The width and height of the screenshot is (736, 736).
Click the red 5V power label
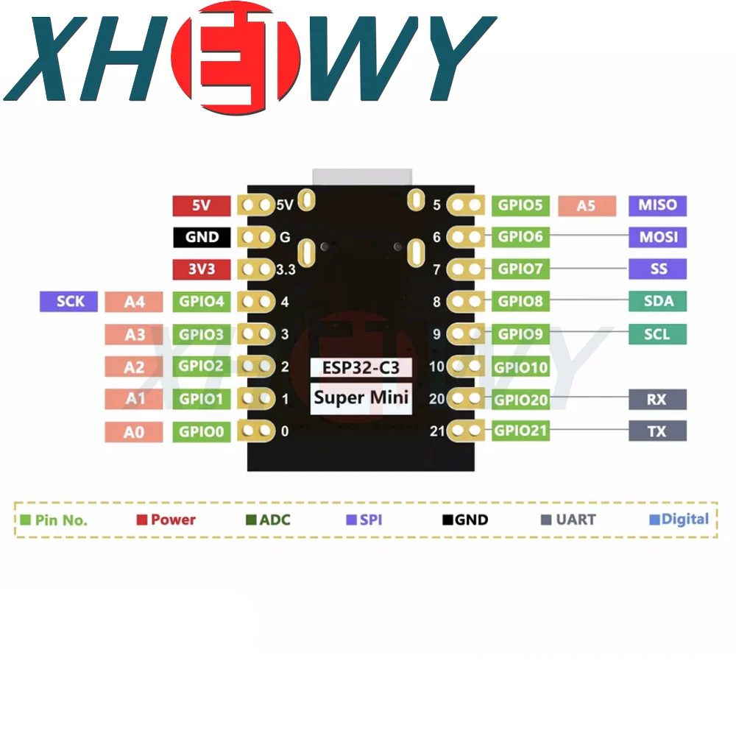[201, 206]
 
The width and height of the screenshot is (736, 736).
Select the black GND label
[202, 237]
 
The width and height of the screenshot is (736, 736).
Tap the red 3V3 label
[201, 269]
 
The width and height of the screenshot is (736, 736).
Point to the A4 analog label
[134, 302]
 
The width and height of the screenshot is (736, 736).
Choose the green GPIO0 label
[201, 431]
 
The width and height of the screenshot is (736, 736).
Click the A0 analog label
[134, 432]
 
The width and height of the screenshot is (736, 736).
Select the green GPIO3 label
[201, 334]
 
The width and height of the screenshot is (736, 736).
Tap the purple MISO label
[657, 205]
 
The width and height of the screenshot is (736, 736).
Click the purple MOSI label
[657, 237]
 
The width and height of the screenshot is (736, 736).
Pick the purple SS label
[657, 269]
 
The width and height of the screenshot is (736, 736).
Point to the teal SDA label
[657, 301]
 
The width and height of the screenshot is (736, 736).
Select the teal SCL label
[657, 333]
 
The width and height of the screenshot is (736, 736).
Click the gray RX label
[657, 399]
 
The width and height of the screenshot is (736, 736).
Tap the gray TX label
[657, 431]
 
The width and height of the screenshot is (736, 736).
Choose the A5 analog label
[586, 206]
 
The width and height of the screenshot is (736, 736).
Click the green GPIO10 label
[520, 367]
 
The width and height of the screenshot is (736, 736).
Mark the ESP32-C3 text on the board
[361, 367]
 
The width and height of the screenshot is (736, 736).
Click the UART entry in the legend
[570, 520]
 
